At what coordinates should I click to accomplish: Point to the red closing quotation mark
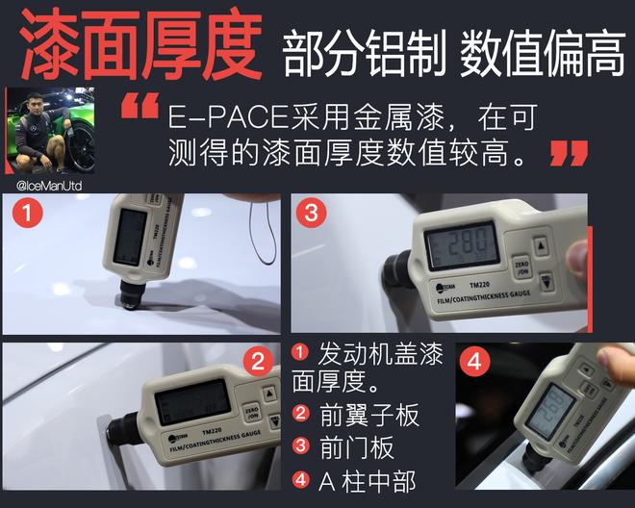[569, 152]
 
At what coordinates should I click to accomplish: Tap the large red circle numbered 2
[257, 362]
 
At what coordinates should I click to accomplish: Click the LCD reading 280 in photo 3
[462, 242]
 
